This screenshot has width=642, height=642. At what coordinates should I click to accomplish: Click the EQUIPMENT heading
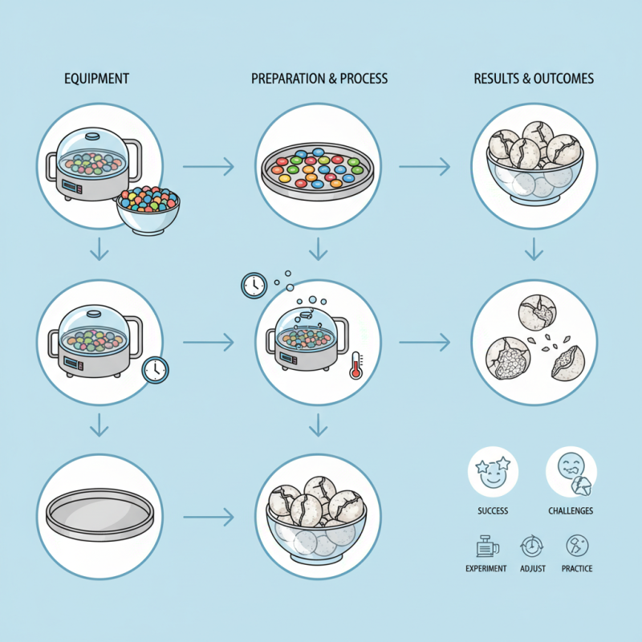[96, 79]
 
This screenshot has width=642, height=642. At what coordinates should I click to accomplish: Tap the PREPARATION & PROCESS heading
[319, 79]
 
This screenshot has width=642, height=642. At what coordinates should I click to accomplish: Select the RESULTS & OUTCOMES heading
[534, 79]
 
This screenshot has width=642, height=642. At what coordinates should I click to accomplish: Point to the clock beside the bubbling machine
[254, 285]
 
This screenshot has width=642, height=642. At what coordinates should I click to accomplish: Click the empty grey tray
[100, 514]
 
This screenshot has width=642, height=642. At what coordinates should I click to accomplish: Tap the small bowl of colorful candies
[148, 208]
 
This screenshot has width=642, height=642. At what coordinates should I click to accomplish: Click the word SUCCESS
[492, 511]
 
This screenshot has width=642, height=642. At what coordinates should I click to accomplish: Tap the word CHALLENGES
[571, 511]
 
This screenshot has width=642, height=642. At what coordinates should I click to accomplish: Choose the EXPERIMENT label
[486, 568]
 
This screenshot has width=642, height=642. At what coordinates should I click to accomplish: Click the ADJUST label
[533, 568]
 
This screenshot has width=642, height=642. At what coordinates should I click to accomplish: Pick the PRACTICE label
[577, 568]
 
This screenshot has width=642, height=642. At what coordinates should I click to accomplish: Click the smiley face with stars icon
[493, 472]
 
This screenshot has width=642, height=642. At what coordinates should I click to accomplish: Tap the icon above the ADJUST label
[532, 547]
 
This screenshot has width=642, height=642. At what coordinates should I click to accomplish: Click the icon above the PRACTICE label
[577, 547]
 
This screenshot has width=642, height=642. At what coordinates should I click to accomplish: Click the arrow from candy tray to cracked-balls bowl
[425, 167]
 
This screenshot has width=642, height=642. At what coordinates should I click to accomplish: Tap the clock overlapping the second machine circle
[155, 369]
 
